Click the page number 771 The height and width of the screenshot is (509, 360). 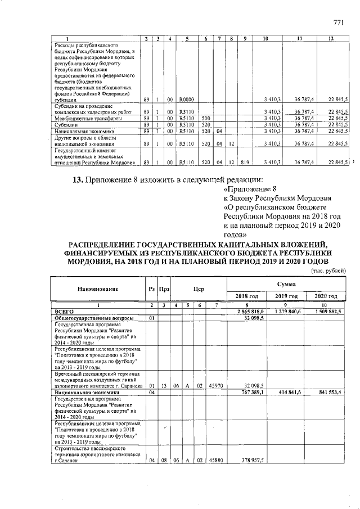click(x=338, y=22)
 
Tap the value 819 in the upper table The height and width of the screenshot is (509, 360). click(x=243, y=163)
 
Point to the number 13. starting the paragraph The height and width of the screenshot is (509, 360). click(x=78, y=180)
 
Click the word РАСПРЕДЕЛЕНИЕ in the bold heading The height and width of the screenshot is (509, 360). click(x=101, y=243)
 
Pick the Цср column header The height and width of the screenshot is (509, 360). click(x=198, y=289)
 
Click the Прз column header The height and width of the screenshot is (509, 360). click(x=164, y=289)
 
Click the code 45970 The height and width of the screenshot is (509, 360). click(x=215, y=386)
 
